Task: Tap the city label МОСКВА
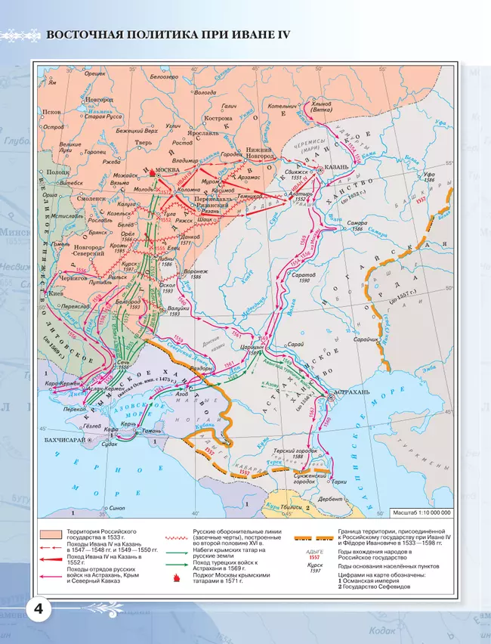point(169,171)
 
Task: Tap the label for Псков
point(51,112)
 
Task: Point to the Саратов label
point(304,276)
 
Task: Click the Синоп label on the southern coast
point(117,508)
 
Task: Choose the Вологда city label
point(205,93)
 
